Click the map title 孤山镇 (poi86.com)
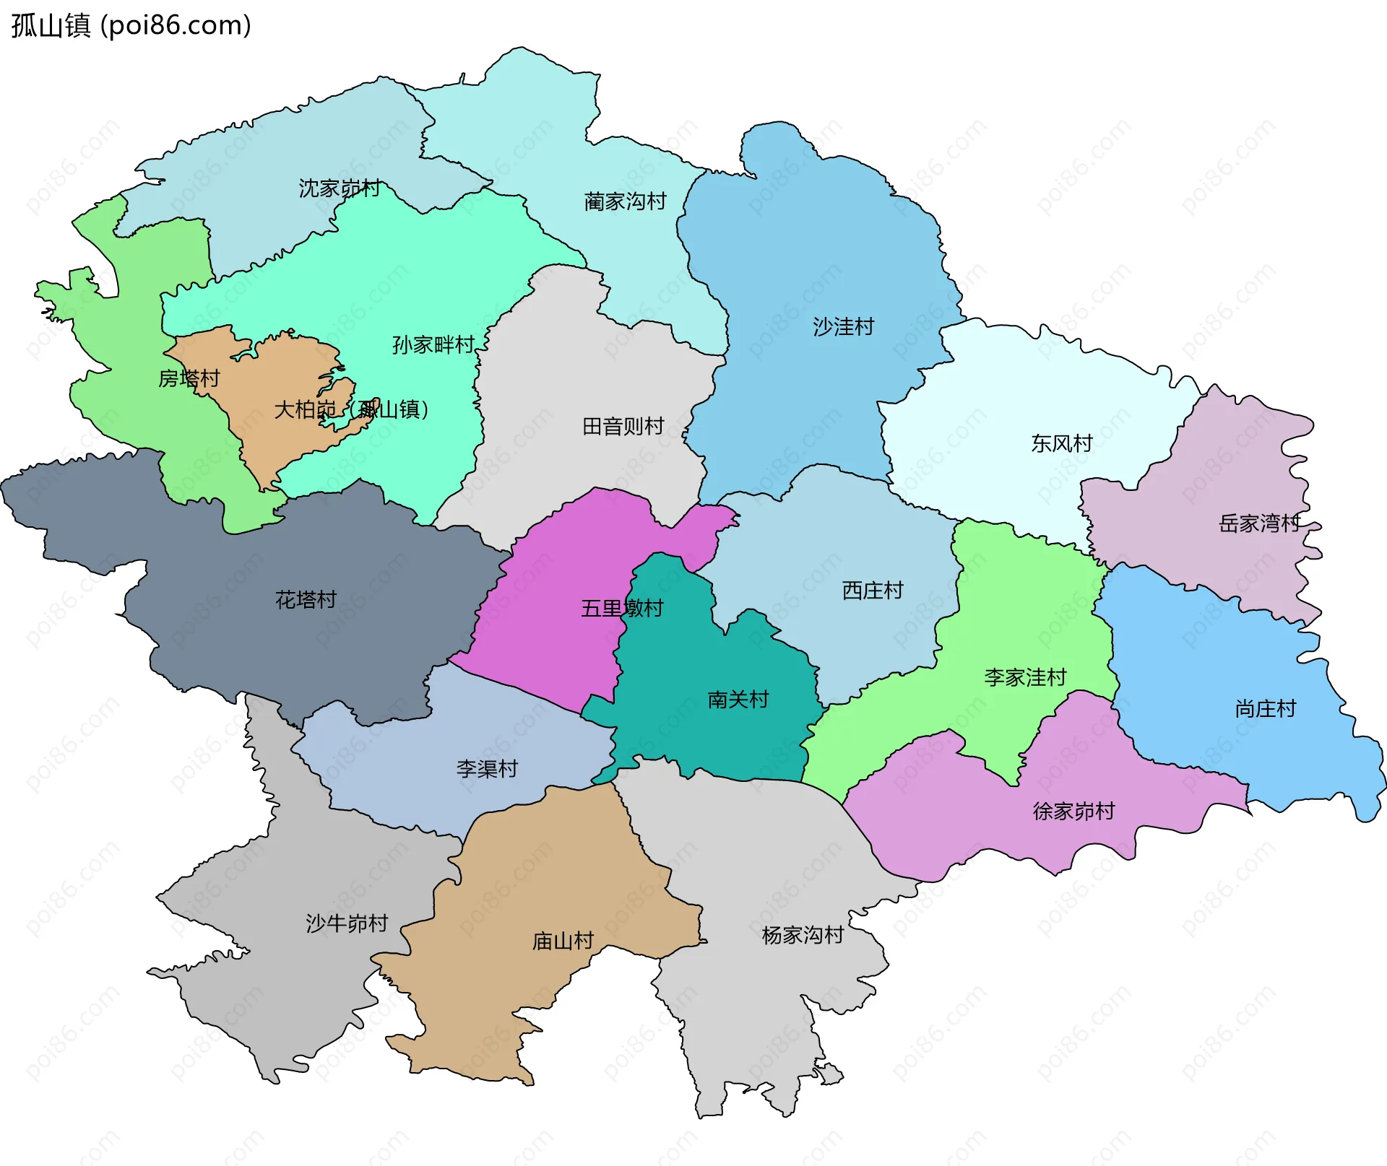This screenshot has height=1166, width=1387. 131,25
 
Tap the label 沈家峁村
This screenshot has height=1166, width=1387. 340,188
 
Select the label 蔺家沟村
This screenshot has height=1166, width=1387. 625,201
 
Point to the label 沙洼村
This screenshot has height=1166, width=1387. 843,327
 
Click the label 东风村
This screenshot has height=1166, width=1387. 1061,443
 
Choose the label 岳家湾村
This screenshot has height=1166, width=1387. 1259,523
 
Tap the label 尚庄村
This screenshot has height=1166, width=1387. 1266,709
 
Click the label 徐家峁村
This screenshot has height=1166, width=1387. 1073,812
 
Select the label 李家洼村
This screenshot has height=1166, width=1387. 1025,678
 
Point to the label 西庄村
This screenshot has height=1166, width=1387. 873,591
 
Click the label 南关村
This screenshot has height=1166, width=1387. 738,700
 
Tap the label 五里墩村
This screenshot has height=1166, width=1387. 622,609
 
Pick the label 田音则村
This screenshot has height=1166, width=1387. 623,427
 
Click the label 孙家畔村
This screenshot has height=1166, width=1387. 433,345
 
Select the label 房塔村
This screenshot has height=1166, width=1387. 189,378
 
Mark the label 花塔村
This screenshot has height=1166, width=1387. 306,599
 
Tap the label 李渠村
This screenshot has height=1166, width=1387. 487,769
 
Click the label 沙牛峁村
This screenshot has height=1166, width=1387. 347,923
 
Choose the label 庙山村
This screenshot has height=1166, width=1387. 563,941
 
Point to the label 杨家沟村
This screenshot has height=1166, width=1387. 803,936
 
